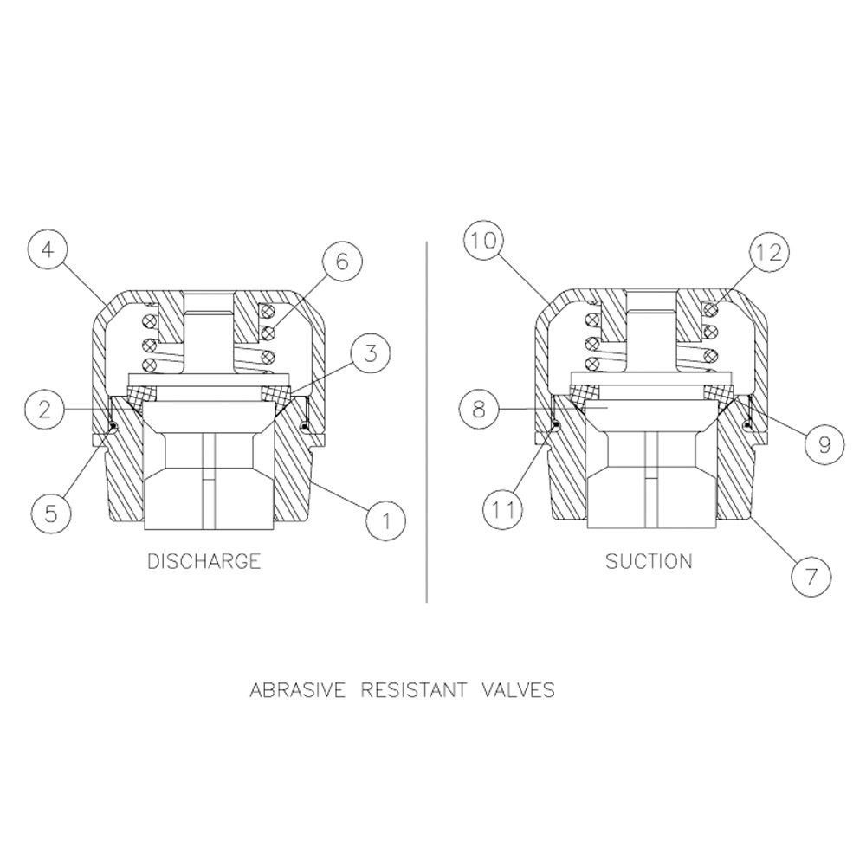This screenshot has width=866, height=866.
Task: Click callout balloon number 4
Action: tap(48, 250)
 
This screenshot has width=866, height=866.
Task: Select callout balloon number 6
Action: tap(342, 261)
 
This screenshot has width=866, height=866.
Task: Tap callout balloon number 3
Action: tap(370, 352)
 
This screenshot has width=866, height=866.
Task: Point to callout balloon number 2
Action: tap(45, 410)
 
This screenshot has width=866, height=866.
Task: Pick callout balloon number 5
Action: tap(51, 513)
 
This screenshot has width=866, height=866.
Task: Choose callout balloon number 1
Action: tap(386, 520)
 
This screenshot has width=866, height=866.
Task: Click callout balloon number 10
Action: tap(484, 241)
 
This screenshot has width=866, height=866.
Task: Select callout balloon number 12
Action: tap(769, 252)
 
